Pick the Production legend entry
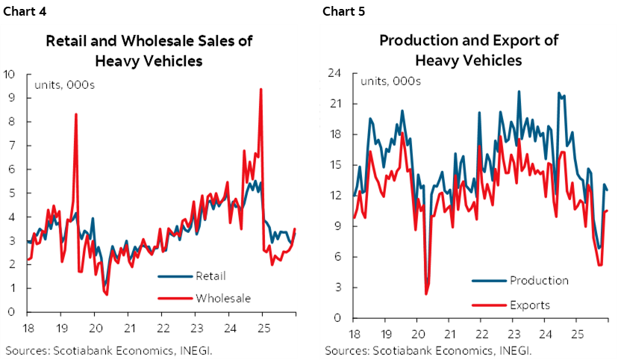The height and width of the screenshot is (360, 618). coord(539,281)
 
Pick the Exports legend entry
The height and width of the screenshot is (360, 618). coord(530,305)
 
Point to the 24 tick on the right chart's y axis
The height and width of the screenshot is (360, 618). coord(334,72)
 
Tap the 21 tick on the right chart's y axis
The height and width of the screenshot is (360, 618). coord(334,104)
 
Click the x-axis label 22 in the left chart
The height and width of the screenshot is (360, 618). coord(163,326)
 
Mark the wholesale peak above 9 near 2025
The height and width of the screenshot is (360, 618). coord(260,89)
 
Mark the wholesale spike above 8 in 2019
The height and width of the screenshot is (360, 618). coord(76,114)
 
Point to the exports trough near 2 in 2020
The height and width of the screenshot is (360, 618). coord(426,294)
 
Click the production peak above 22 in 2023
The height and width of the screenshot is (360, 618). coord(519,91)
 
